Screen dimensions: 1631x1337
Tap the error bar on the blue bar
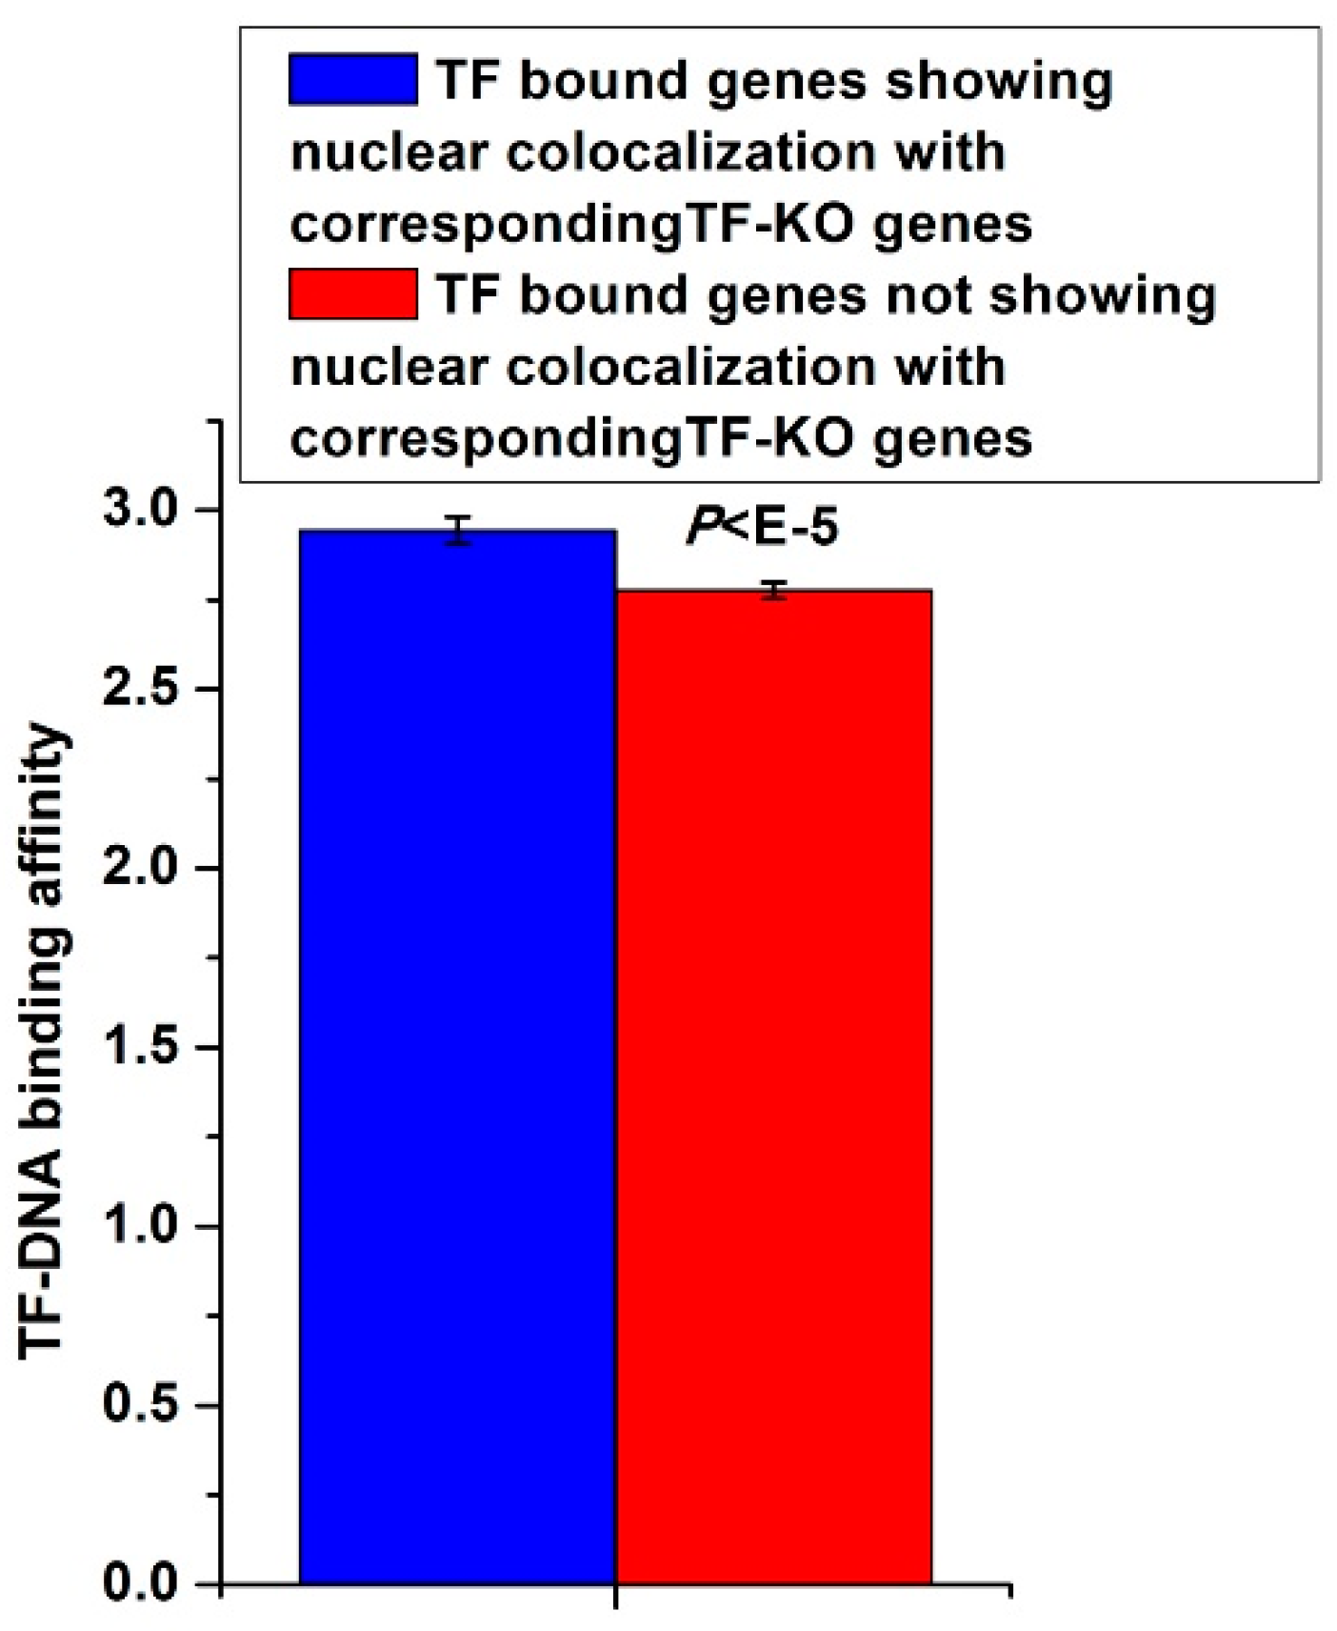459,531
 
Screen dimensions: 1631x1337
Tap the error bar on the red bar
775,591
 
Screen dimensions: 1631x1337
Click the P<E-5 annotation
763,527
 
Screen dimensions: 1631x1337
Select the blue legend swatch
352,79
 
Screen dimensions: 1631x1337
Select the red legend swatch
352,293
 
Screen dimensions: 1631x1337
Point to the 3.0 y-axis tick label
141,510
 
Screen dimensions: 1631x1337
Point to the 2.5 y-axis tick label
141,689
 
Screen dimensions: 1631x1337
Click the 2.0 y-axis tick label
141,868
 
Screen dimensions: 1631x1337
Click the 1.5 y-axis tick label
141,1047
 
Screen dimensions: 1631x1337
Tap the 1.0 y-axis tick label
141,1226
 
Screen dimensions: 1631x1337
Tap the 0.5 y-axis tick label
141,1405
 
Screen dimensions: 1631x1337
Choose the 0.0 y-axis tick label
141,1582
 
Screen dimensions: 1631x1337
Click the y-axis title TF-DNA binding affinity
42,1038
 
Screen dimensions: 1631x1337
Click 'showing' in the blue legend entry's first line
999,83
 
